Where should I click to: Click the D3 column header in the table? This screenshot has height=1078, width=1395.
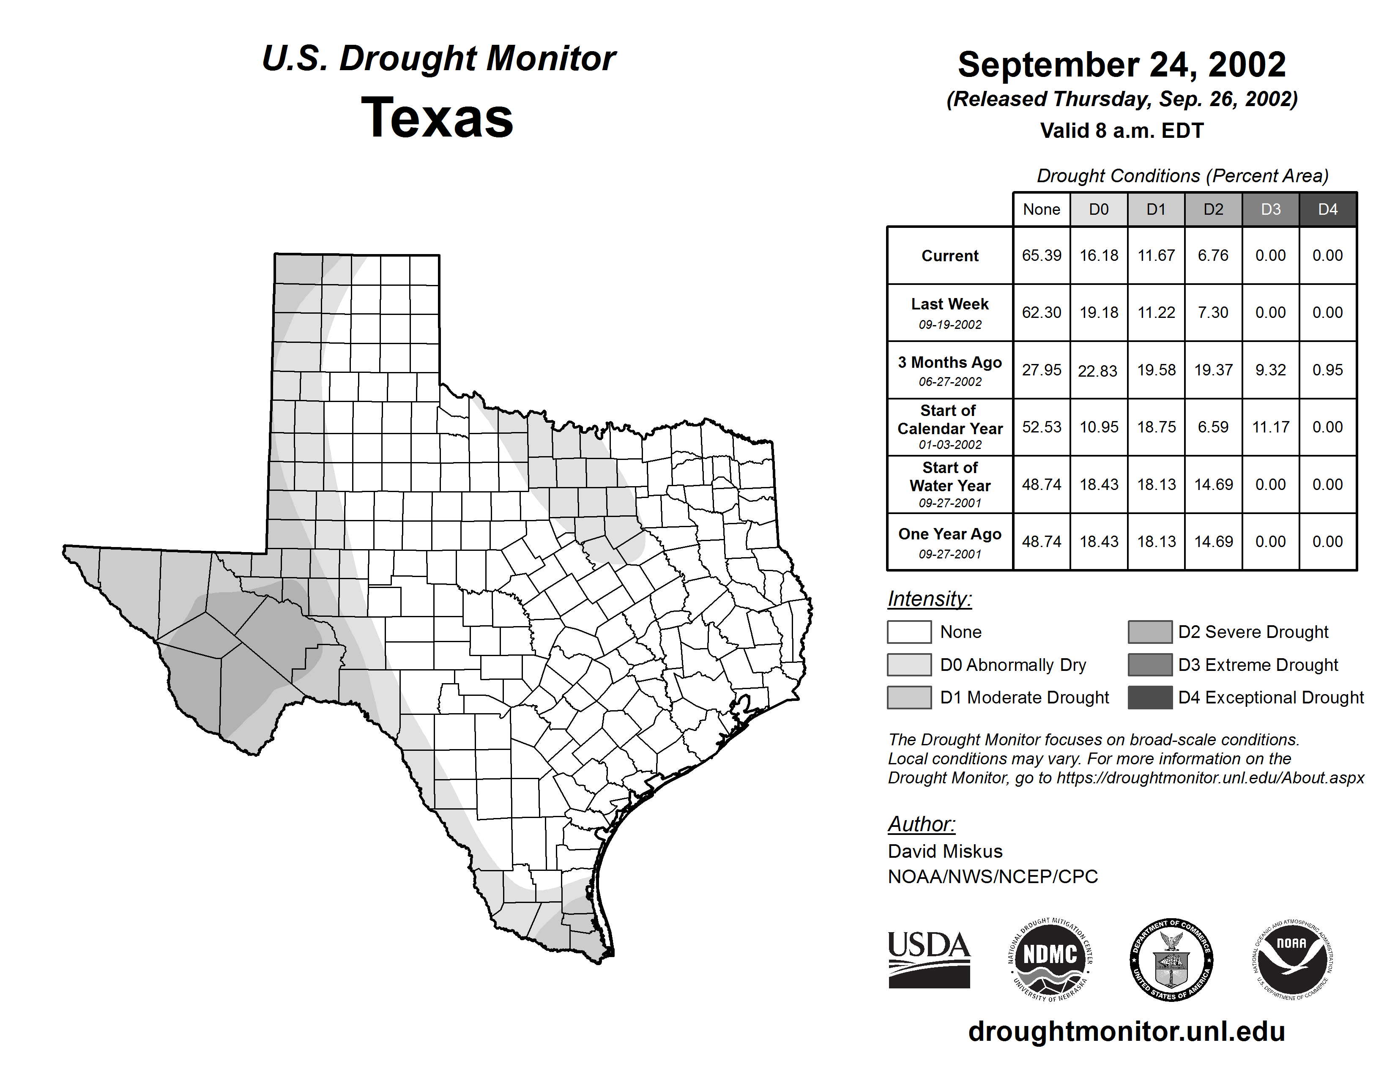tap(1270, 209)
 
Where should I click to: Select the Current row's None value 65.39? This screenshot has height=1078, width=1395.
tap(1041, 255)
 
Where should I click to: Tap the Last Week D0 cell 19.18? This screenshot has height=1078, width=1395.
tap(1099, 312)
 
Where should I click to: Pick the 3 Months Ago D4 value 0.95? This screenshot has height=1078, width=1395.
tap(1327, 370)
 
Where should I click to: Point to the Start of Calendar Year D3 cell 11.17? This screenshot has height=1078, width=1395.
tap(1270, 427)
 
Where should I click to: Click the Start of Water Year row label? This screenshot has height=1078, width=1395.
tap(950, 484)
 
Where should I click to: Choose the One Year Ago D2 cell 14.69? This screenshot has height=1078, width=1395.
tap(1213, 542)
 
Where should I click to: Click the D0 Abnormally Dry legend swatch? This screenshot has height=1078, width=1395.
tap(909, 664)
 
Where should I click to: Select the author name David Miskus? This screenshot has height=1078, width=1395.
tap(945, 851)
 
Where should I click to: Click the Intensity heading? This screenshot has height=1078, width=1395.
tap(929, 599)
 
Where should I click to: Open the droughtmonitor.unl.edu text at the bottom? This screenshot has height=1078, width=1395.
tap(1126, 1031)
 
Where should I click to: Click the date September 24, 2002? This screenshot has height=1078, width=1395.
tap(1121, 65)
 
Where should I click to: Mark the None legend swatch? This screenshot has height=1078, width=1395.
tap(909, 632)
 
